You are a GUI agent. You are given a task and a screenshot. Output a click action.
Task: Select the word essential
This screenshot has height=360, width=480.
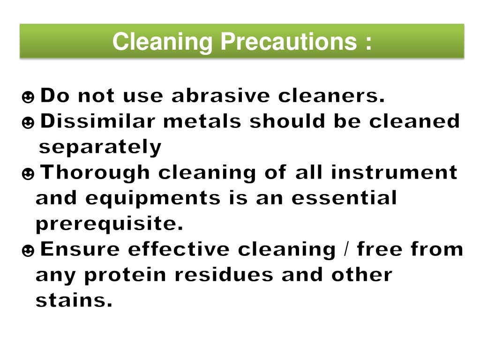pyautogui.click(x=344, y=199)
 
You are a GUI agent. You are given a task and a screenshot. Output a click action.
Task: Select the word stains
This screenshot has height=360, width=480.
pyautogui.click(x=74, y=301)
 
